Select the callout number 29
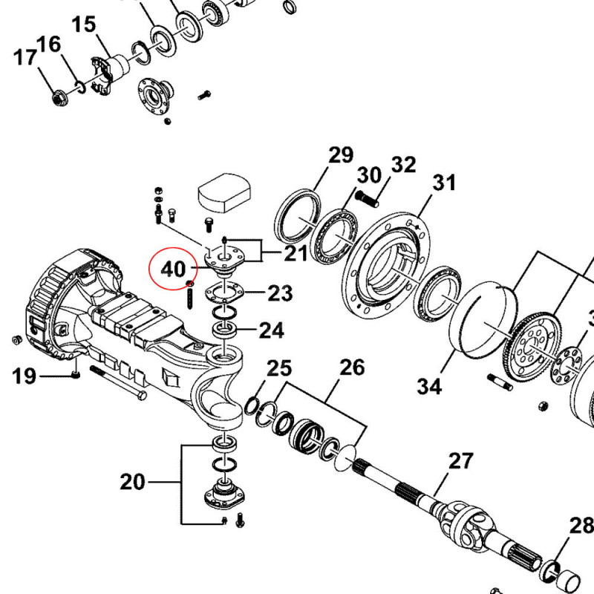[x=341, y=156]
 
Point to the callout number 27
[x=460, y=461]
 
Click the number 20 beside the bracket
[x=133, y=483]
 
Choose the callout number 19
[x=24, y=376]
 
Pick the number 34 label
[x=429, y=386]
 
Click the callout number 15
[x=84, y=25]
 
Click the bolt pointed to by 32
[x=368, y=200]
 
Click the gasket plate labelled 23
[x=224, y=292]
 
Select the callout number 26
[x=353, y=368]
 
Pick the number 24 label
[x=271, y=329]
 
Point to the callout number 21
[x=296, y=255]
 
